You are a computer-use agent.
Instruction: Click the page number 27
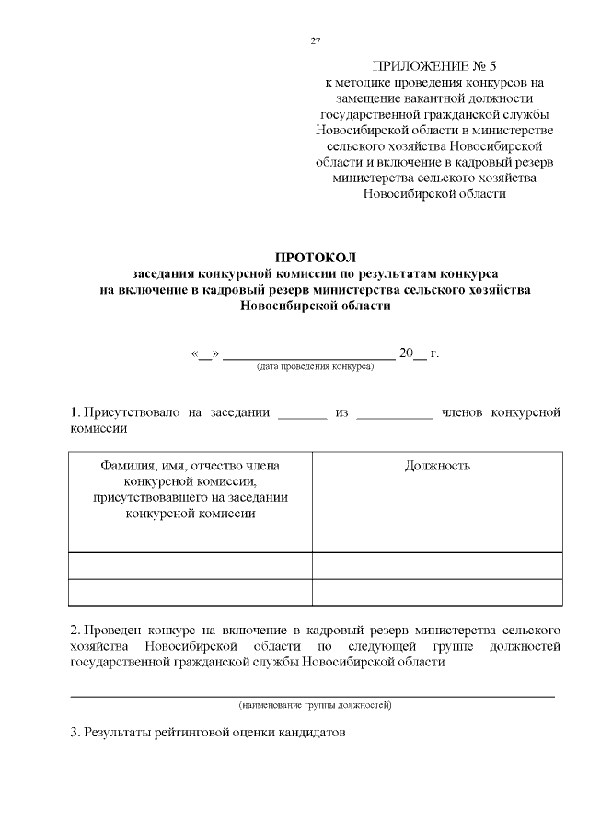316,41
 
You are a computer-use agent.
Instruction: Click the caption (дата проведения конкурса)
314,366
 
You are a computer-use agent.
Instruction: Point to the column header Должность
437,466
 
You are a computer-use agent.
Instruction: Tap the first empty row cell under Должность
437,538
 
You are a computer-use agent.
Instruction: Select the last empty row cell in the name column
191,592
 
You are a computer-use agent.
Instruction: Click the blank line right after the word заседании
302,415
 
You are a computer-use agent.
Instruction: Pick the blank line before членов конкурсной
394,415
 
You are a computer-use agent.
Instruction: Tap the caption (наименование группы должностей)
314,705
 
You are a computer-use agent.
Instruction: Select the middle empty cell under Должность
437,565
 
